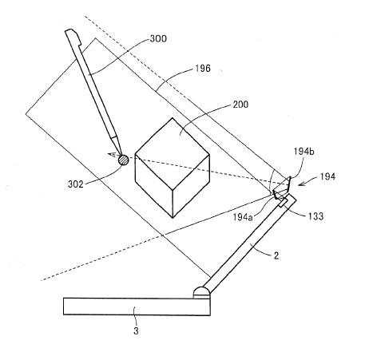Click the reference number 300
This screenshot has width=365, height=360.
click(158, 39)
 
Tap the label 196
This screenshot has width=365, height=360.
click(203, 69)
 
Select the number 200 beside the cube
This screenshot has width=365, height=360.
click(240, 105)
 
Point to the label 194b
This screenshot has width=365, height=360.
click(304, 152)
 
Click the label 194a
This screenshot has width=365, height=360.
click(243, 217)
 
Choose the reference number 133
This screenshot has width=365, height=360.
click(315, 216)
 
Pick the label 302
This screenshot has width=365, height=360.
click(76, 184)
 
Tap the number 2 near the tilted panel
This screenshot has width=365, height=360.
click(276, 255)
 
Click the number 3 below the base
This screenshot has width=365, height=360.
click(136, 331)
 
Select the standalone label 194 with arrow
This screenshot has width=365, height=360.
click(327, 176)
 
